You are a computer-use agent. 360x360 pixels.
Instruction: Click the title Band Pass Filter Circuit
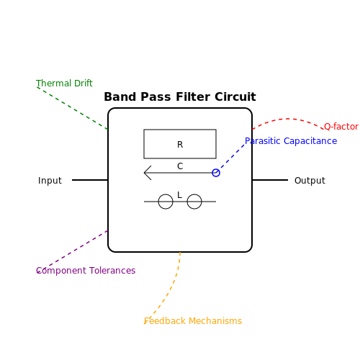180,97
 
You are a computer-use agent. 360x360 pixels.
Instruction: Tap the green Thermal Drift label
64,84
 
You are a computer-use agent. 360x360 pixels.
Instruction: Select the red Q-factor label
341,127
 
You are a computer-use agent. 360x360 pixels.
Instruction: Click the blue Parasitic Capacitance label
291,141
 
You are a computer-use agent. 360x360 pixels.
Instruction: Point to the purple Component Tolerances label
86,271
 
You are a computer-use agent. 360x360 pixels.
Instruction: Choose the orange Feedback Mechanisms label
193,321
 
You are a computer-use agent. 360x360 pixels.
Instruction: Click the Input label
50,181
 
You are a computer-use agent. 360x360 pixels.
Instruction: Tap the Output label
310,181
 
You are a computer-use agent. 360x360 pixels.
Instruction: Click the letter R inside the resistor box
180,145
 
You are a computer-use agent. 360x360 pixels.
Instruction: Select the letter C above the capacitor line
180,166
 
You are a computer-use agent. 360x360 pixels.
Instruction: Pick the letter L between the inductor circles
179,195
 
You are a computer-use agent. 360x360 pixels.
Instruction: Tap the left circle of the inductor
158,202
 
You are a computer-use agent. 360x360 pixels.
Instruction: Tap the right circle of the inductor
187,202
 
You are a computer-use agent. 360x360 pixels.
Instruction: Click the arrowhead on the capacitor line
145,173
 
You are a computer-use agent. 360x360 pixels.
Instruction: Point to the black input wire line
90,180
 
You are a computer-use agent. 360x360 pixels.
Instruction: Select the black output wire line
270,180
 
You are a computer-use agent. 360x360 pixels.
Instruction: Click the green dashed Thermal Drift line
72,108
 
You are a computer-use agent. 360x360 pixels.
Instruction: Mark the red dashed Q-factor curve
288,119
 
